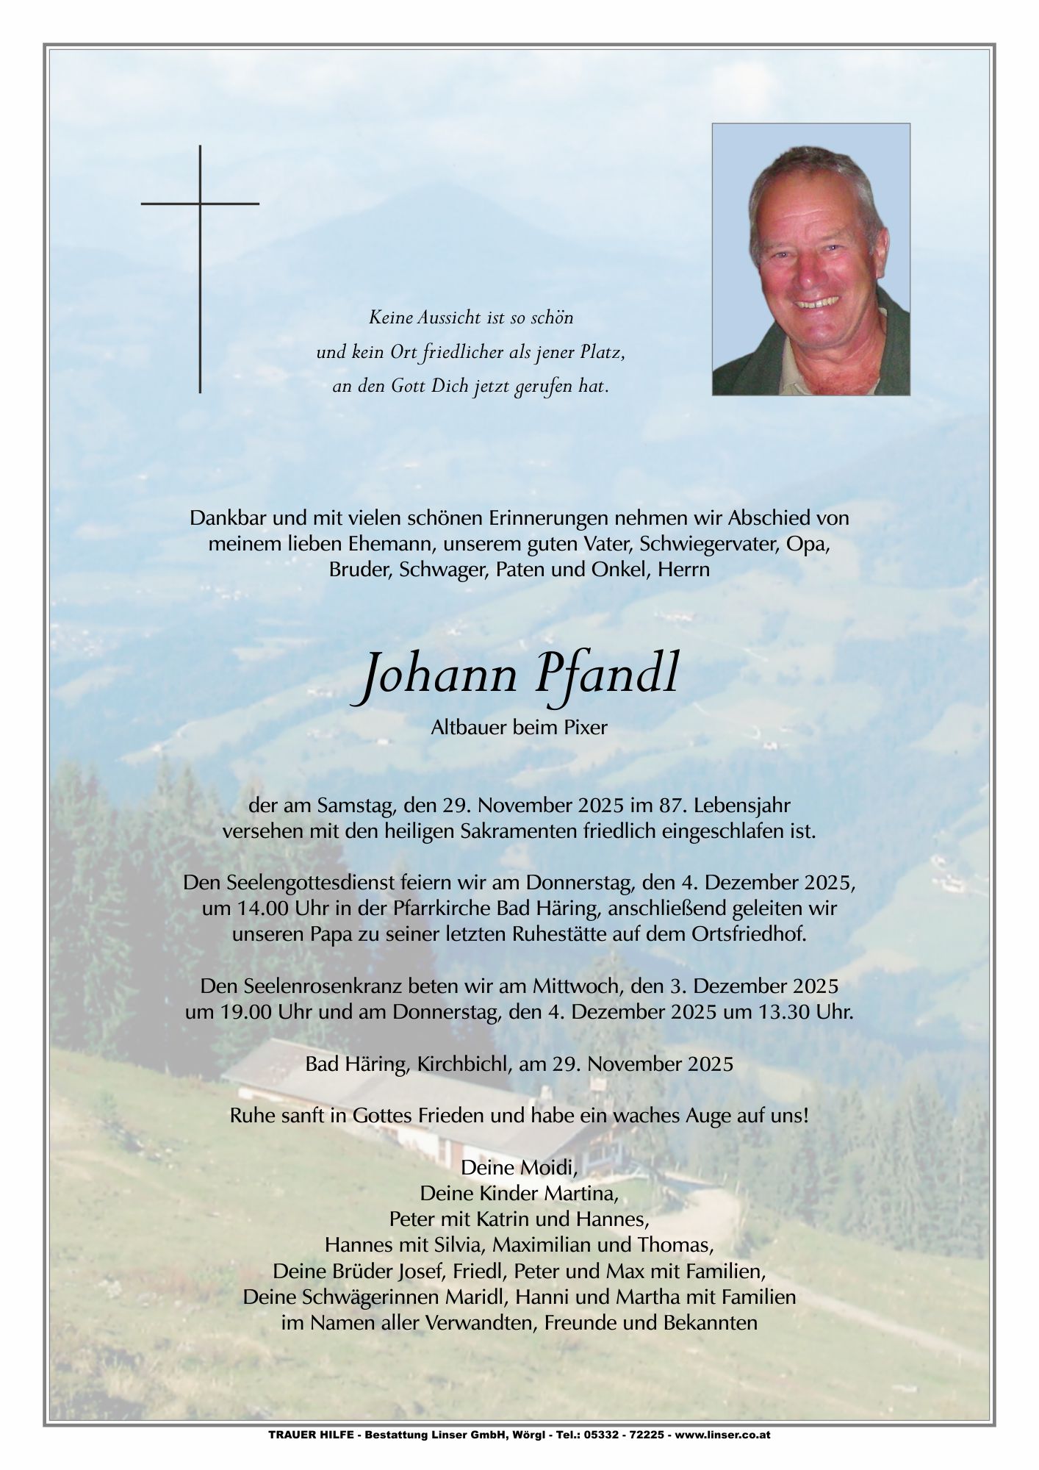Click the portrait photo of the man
(810, 259)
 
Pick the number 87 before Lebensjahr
(670, 805)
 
